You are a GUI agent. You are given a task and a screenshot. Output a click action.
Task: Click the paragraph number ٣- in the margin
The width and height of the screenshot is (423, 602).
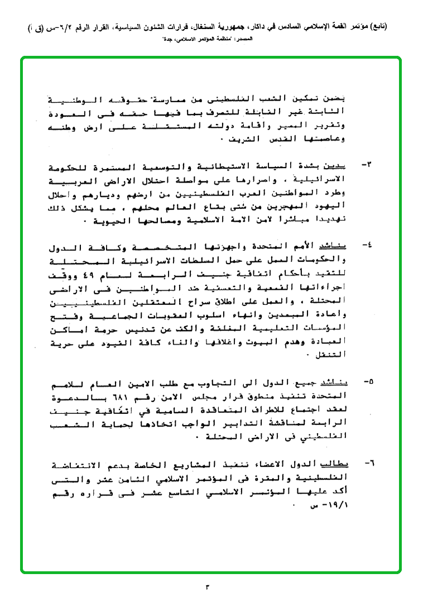point(368,166)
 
